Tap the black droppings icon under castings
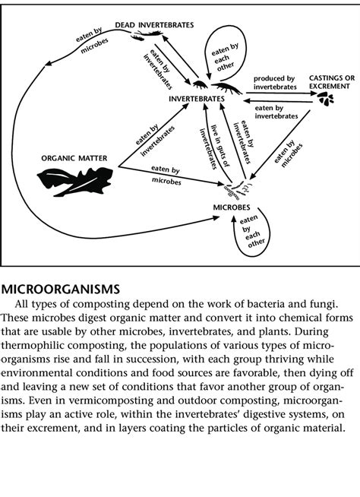[327, 102]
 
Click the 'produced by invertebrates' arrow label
[273, 82]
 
